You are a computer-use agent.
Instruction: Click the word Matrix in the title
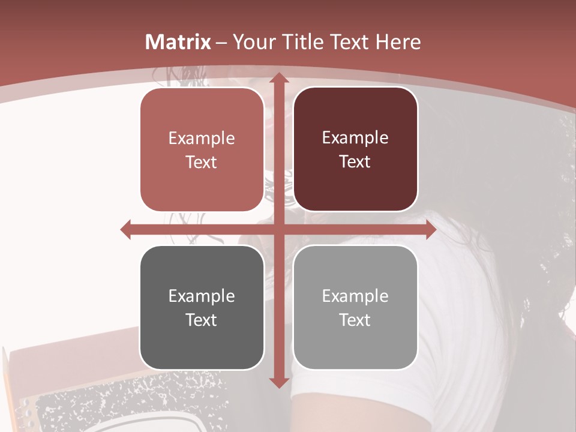[x=178, y=42]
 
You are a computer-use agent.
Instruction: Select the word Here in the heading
[x=398, y=42]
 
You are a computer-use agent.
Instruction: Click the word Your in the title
[x=254, y=42]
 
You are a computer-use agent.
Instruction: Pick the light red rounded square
[x=202, y=149]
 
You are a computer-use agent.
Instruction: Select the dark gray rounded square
[x=202, y=307]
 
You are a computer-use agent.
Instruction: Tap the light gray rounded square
[x=355, y=307]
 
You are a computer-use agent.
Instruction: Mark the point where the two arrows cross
[x=278, y=230]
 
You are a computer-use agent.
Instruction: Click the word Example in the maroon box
[x=355, y=137]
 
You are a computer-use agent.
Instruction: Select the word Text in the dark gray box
[x=201, y=320]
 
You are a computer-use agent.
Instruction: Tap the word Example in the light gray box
[x=355, y=295]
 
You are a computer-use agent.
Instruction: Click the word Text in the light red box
[x=201, y=162]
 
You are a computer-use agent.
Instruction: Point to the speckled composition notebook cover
[x=120, y=402]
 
